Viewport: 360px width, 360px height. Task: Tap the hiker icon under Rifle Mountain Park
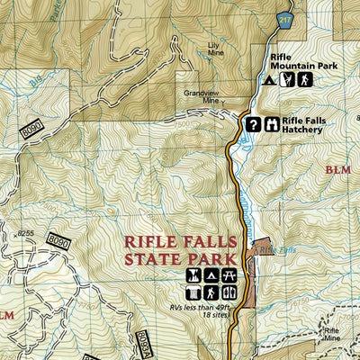pyautogui.click(x=306, y=80)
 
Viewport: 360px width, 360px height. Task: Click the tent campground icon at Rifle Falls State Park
pyautogui.click(x=211, y=275)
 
